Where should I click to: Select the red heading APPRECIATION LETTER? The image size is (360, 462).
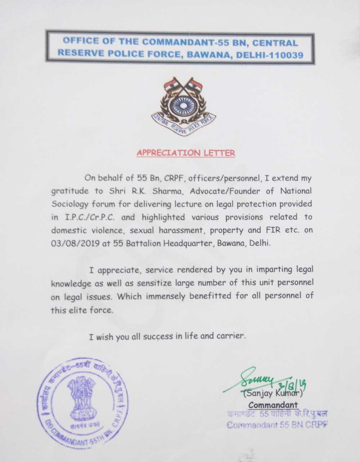pos(186,153)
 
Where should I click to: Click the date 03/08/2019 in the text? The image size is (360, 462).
pos(75,243)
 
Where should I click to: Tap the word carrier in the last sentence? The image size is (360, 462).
pos(231,336)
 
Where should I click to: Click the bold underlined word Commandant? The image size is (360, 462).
pos(273,405)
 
